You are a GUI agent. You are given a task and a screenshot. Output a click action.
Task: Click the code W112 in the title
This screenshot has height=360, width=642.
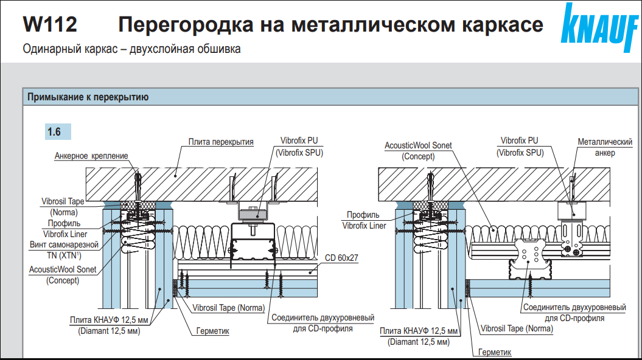tap(50, 25)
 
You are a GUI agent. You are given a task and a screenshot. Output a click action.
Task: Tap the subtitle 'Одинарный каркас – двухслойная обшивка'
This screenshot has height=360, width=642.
tap(131, 49)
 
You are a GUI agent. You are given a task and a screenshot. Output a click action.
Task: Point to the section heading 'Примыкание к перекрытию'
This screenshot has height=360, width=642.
tap(85, 97)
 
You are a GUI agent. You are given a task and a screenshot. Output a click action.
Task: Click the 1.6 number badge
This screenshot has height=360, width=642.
tap(58, 131)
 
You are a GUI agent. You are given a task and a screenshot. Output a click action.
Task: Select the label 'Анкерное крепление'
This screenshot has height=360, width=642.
tap(91, 156)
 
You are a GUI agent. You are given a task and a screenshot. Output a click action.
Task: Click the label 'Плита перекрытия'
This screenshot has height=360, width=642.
tap(220, 142)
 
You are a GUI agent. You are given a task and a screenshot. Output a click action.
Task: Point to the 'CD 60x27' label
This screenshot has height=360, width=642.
tap(341, 258)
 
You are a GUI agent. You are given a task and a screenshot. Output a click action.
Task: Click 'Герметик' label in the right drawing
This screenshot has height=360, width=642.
tap(495, 352)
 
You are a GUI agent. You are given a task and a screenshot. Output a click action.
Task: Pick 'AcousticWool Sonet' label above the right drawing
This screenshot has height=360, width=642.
tap(418, 146)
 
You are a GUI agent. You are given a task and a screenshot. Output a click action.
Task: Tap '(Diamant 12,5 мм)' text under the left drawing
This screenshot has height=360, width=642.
tap(109, 331)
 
